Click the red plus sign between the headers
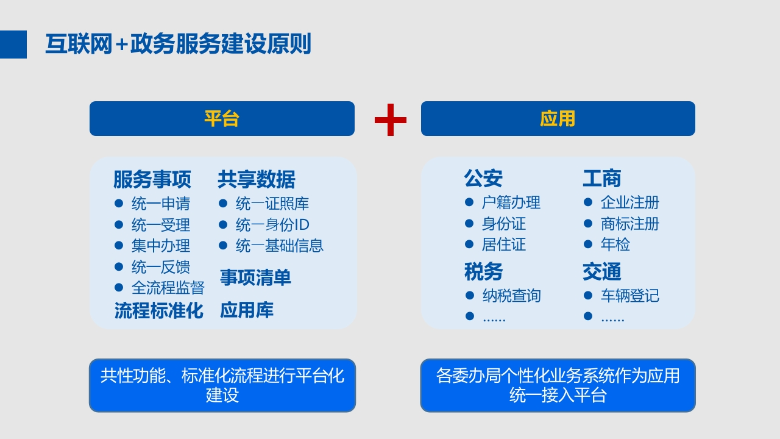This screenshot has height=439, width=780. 391,120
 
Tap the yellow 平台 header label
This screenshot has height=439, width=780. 222,119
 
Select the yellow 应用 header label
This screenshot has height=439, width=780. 558,119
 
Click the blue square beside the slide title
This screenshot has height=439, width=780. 13,45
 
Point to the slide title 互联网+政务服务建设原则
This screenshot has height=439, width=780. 178,44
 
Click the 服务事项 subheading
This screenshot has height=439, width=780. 152,179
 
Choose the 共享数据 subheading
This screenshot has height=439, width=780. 257,179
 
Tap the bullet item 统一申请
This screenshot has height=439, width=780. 160,204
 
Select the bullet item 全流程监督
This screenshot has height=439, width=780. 168,288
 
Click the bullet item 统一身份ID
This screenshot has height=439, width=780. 272,225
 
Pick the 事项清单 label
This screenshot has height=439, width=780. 255,277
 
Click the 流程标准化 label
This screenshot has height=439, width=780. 159,310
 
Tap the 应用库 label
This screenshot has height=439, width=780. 247,310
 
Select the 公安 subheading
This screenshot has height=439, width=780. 483,179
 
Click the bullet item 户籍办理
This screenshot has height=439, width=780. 511,202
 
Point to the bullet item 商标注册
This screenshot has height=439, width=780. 629,224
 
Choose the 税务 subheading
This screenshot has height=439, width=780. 483,271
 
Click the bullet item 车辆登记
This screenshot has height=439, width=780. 629,296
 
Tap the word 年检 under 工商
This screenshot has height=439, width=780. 615,244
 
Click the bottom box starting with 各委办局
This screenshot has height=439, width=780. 558,385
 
